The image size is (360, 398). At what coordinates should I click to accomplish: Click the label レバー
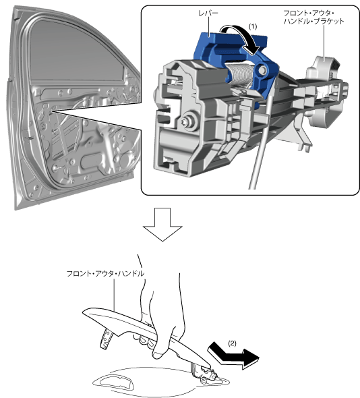(x=208, y=13)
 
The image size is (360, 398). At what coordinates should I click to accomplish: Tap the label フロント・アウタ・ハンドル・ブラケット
(x=313, y=18)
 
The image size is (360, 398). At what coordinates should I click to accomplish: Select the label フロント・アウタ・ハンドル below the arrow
(x=105, y=274)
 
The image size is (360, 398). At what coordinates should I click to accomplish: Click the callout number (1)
(x=252, y=27)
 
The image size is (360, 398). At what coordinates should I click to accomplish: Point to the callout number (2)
(x=232, y=343)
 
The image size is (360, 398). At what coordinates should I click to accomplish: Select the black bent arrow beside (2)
(x=233, y=356)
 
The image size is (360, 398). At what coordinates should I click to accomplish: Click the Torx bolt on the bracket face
(x=188, y=121)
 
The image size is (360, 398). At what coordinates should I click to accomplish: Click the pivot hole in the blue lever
(x=263, y=69)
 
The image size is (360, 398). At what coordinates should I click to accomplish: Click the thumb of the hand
(x=162, y=343)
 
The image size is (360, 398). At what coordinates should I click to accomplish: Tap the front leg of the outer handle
(x=107, y=339)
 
